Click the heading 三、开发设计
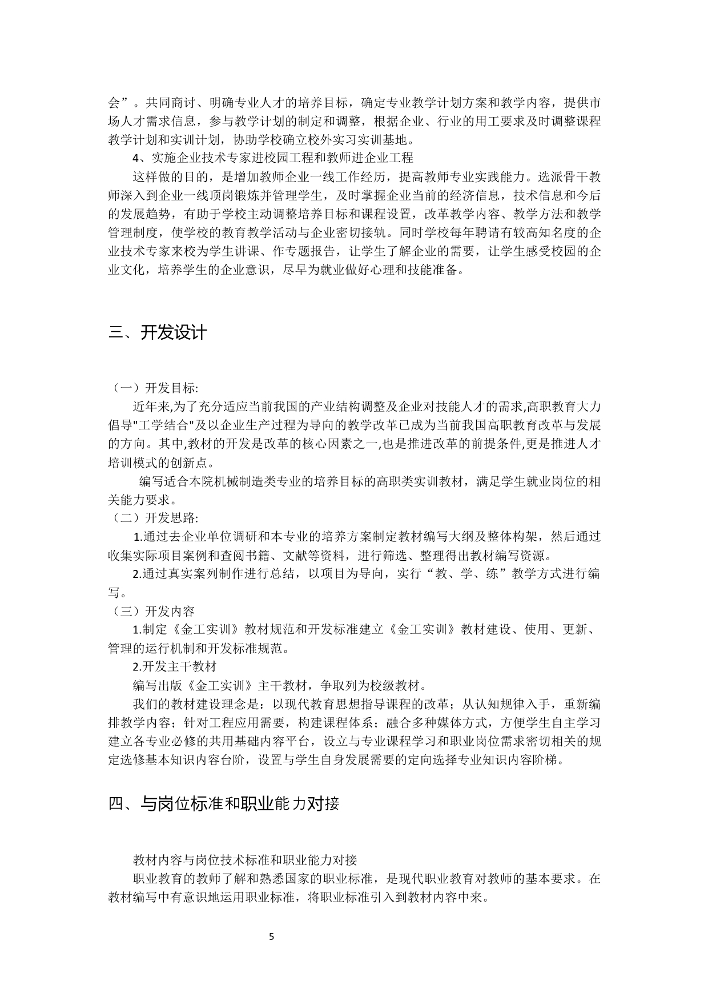pos(158,333)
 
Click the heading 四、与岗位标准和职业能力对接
pos(224,803)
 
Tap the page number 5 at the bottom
pos(272,936)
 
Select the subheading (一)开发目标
pos(153,388)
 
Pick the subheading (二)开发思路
pos(153,518)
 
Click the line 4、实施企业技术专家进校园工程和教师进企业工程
pos(273,158)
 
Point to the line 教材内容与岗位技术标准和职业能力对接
pos(245,859)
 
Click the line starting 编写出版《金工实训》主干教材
pos(279,685)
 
